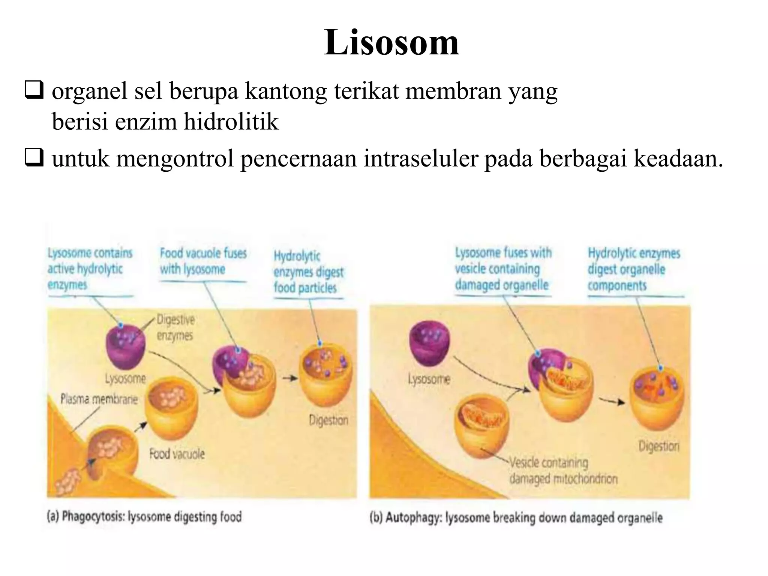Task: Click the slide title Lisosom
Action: point(391,42)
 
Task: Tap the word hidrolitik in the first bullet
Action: point(231,121)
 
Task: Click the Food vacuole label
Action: point(177,454)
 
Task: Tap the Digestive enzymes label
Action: point(175,327)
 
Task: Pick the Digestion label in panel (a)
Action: point(328,420)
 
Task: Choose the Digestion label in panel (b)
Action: point(658,446)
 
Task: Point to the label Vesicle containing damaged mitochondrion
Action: point(562,471)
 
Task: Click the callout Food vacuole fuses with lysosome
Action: point(203,261)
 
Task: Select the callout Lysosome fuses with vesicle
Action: point(503,269)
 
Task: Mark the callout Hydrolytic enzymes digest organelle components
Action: point(634,269)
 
